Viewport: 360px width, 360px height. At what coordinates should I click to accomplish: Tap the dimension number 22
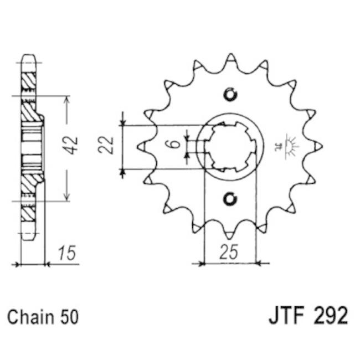[x=109, y=145]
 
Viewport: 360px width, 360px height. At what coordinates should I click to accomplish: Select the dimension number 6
[x=174, y=145]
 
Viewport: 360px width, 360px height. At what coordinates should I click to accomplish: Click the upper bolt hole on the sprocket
[x=230, y=94]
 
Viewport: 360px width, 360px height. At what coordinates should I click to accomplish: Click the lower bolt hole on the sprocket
[x=230, y=198]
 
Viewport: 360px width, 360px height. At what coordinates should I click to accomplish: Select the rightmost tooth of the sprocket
[x=318, y=146]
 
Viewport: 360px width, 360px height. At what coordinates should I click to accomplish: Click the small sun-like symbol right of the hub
[x=290, y=145]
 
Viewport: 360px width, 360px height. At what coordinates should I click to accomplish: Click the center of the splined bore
[x=230, y=146]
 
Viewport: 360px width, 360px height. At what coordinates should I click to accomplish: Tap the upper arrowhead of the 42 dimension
[x=67, y=100]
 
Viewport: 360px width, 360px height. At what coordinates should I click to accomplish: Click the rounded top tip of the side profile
[x=29, y=57]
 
